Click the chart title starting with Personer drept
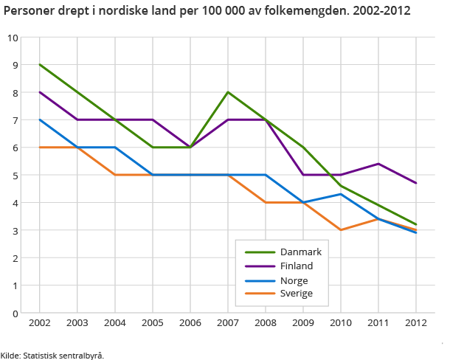pos(207,13)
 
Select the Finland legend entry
pos(296,266)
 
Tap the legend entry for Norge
pos(294,280)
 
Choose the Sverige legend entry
pos(296,294)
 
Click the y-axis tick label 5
pos(15,176)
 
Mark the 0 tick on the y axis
pos(15,314)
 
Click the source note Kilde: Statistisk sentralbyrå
pos(52,355)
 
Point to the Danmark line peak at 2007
pos(228,92)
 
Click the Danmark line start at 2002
pos(39,65)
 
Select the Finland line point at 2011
pos(378,164)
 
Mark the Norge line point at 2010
pos(341,194)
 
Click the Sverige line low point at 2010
pos(341,230)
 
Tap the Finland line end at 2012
pos(416,183)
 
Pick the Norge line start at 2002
pos(39,120)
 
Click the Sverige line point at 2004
pos(114,175)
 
